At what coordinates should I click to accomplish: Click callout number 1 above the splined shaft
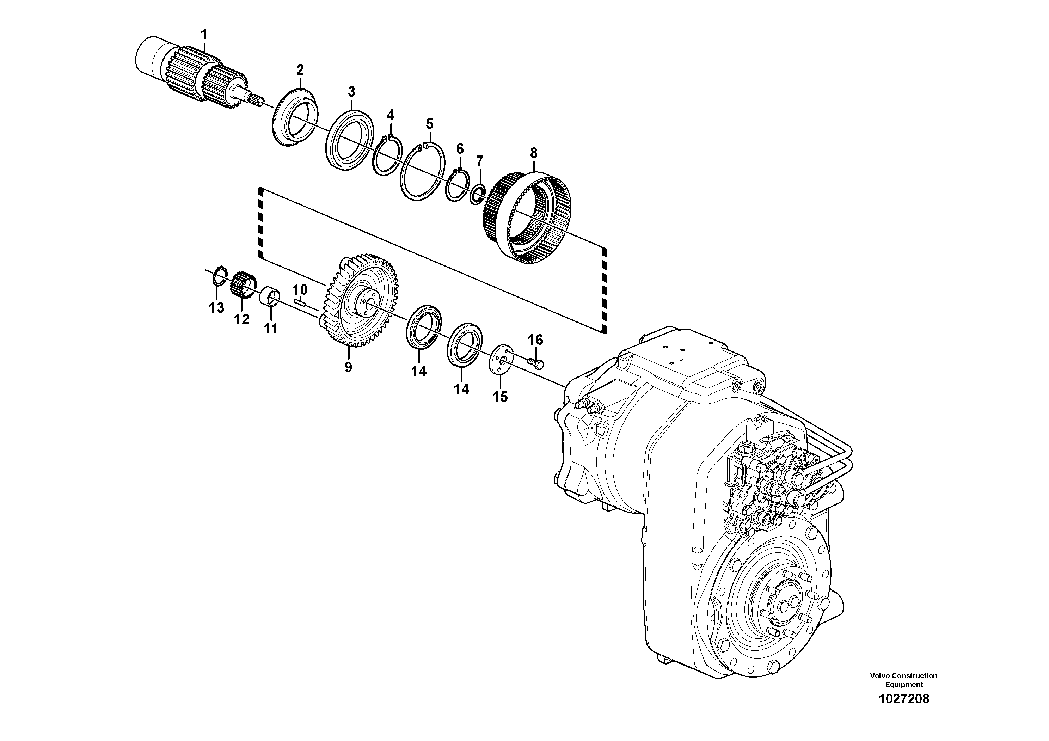pyautogui.click(x=204, y=34)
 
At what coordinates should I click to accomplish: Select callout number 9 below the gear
pyautogui.click(x=348, y=367)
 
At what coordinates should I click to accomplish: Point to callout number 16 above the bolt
pyautogui.click(x=535, y=339)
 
